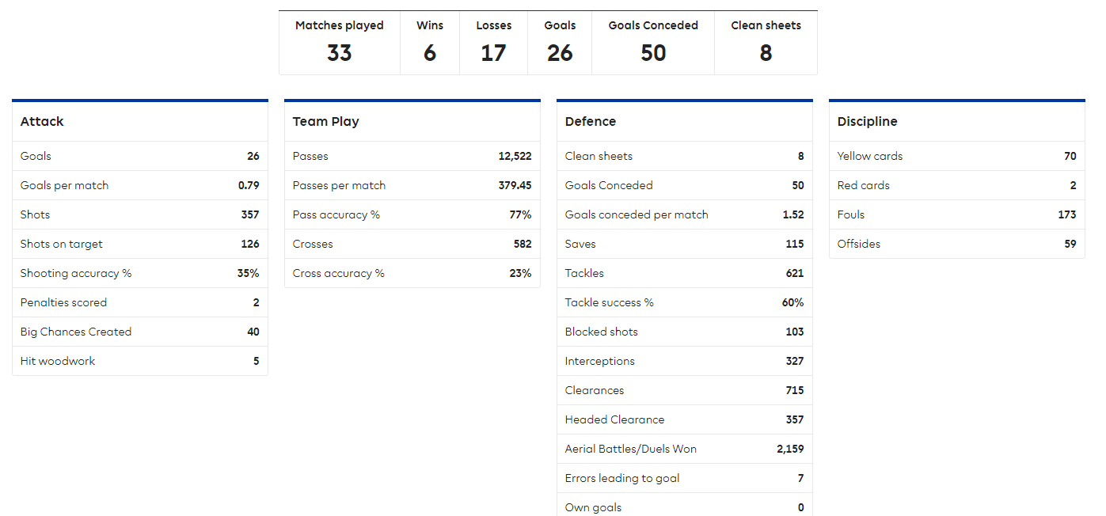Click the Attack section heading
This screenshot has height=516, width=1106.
point(42,122)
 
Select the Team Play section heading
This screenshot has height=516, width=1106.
point(325,122)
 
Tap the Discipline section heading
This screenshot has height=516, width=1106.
point(867,122)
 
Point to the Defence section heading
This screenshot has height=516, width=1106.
point(590,122)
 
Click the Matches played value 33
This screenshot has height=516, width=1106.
point(339,53)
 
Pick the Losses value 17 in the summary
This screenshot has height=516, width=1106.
point(493,53)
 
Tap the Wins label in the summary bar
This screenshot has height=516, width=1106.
point(430,25)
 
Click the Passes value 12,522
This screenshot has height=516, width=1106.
point(515,157)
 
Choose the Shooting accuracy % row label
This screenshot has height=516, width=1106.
point(76,274)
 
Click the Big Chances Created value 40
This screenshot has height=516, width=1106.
point(253,332)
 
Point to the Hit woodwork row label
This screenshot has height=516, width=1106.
point(58,362)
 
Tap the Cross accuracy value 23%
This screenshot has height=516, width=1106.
point(520,274)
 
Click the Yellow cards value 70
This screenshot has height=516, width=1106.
point(1070,157)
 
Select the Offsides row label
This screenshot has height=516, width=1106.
point(858,245)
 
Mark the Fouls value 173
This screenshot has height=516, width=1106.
point(1066,215)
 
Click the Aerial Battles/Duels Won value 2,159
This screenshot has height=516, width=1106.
point(790,450)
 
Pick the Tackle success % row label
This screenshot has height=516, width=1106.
point(609,303)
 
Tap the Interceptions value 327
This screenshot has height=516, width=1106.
point(794,362)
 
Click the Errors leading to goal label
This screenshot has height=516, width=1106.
point(621,479)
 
